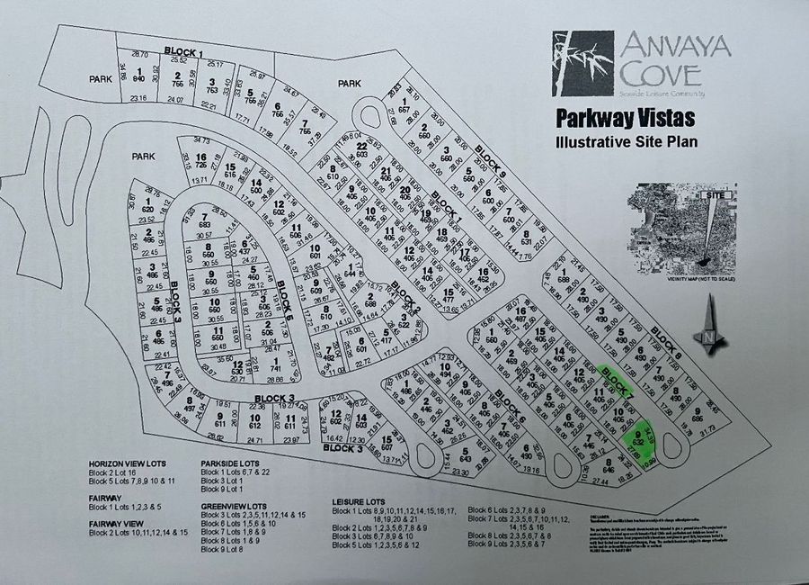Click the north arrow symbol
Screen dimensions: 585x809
(x=711, y=324)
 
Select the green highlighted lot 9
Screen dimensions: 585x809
(x=639, y=440)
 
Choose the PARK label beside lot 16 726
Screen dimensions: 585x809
(x=143, y=156)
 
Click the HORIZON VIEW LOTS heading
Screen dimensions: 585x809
(x=127, y=464)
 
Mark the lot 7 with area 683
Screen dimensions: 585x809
(x=209, y=220)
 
